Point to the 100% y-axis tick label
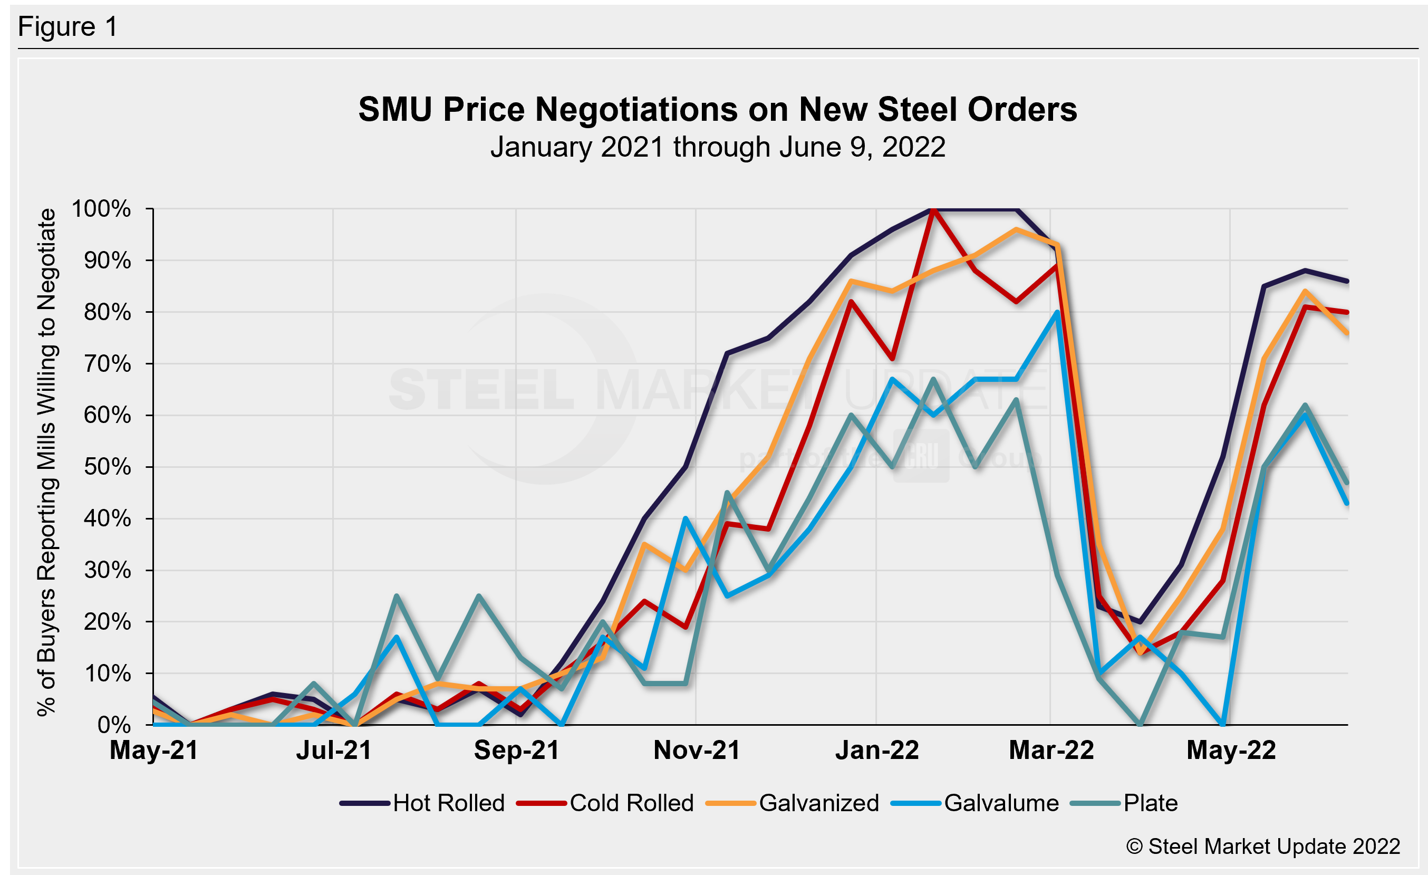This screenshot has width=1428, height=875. [x=101, y=209]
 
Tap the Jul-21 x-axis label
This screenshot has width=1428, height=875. [x=334, y=751]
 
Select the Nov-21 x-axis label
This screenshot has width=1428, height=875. [x=697, y=751]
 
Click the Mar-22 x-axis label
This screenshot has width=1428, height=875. [x=1051, y=751]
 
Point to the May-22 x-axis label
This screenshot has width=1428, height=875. [x=1231, y=751]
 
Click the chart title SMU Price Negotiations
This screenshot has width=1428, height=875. [x=718, y=109]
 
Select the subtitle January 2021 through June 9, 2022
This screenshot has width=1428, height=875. [x=718, y=147]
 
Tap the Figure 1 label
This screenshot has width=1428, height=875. [x=68, y=27]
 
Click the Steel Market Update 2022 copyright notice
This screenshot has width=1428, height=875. [x=1263, y=847]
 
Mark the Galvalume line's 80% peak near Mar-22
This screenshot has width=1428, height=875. [x=1058, y=312]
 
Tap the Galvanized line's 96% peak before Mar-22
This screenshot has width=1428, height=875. [x=1017, y=229]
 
